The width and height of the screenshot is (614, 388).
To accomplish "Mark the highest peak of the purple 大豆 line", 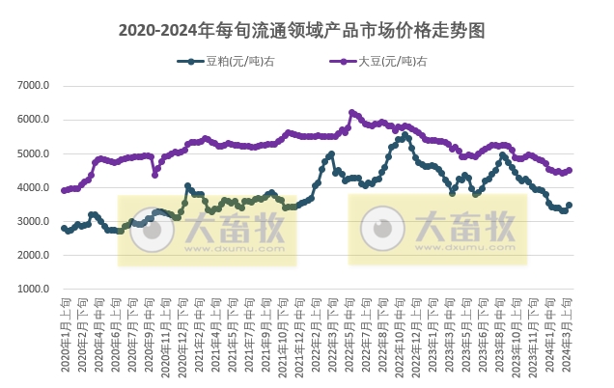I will (x=351, y=112).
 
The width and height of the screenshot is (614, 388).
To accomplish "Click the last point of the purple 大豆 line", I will (x=570, y=170).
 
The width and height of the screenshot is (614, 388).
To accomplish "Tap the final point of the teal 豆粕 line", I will (x=570, y=205).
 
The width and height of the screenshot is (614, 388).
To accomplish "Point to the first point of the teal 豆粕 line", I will (x=64, y=228).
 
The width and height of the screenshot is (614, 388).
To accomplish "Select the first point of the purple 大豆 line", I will (x=64, y=190).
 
